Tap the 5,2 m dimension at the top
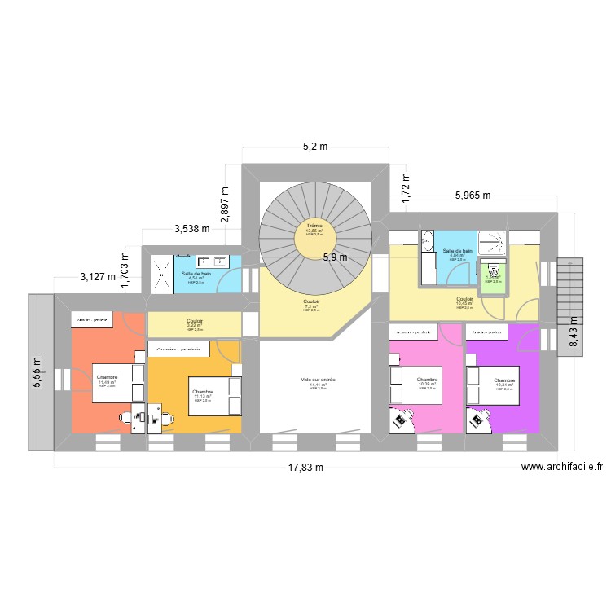314,147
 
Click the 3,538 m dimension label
192,229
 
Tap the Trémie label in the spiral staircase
314,225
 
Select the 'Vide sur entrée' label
313,380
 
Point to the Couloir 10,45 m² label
465,301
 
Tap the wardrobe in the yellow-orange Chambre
179,349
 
